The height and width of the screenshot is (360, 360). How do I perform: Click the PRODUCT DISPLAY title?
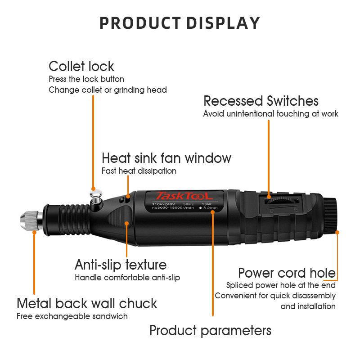point(180,23)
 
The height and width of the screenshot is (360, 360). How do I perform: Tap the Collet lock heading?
point(81,66)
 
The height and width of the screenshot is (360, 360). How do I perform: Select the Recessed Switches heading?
point(261,101)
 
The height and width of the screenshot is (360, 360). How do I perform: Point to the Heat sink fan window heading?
point(166,158)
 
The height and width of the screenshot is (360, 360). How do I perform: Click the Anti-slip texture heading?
point(121,265)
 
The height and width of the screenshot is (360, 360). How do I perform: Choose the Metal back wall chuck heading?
point(87,303)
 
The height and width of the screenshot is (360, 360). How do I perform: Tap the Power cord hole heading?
point(287,273)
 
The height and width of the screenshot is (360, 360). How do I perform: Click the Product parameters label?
point(210,331)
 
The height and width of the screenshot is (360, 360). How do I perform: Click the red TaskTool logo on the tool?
point(184,196)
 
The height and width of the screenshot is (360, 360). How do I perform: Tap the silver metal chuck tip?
point(29,221)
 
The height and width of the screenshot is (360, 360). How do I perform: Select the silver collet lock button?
point(96,195)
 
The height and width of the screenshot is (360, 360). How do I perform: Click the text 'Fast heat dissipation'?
point(139,171)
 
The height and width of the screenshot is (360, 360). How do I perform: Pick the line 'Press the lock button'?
point(86,79)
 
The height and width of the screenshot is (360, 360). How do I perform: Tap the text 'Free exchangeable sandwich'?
point(72,316)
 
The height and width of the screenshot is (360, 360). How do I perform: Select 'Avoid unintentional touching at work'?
point(271,114)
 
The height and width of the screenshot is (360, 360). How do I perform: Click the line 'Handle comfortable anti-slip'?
point(127,278)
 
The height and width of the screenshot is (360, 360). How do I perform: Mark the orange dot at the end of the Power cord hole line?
point(337,232)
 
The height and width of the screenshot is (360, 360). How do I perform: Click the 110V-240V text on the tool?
point(163,204)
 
